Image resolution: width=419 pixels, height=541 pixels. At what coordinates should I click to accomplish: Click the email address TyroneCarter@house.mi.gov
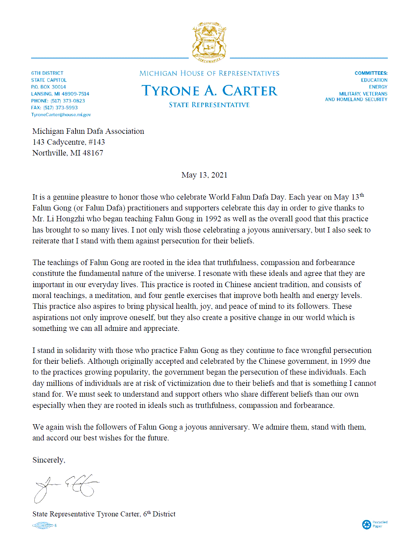61,115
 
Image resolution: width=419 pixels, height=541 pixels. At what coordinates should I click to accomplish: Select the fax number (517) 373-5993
60,108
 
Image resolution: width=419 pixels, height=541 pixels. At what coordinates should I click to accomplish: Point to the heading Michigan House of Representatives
209,73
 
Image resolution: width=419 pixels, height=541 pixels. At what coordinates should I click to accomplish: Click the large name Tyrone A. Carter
209,91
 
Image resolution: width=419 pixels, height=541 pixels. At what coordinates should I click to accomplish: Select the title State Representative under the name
209,105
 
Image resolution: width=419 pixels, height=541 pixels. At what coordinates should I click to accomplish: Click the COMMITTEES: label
371,73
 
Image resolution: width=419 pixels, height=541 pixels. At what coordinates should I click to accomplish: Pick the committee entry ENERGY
378,87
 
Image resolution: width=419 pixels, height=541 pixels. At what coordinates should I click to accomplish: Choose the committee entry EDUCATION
374,80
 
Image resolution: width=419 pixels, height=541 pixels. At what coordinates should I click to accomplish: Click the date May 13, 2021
204,175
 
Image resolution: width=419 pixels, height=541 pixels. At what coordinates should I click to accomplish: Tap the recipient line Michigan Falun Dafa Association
88,131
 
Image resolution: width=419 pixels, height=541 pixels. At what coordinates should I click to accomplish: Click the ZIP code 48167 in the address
93,153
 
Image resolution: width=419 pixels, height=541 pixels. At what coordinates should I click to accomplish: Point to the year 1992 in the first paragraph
213,219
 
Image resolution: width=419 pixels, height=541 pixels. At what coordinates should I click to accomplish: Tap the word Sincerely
48,460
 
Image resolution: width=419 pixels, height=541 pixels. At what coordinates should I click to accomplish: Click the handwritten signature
65,487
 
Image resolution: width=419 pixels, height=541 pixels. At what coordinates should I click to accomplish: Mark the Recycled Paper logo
375,524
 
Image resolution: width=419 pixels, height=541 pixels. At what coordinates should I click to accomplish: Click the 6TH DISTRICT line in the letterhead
47,73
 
